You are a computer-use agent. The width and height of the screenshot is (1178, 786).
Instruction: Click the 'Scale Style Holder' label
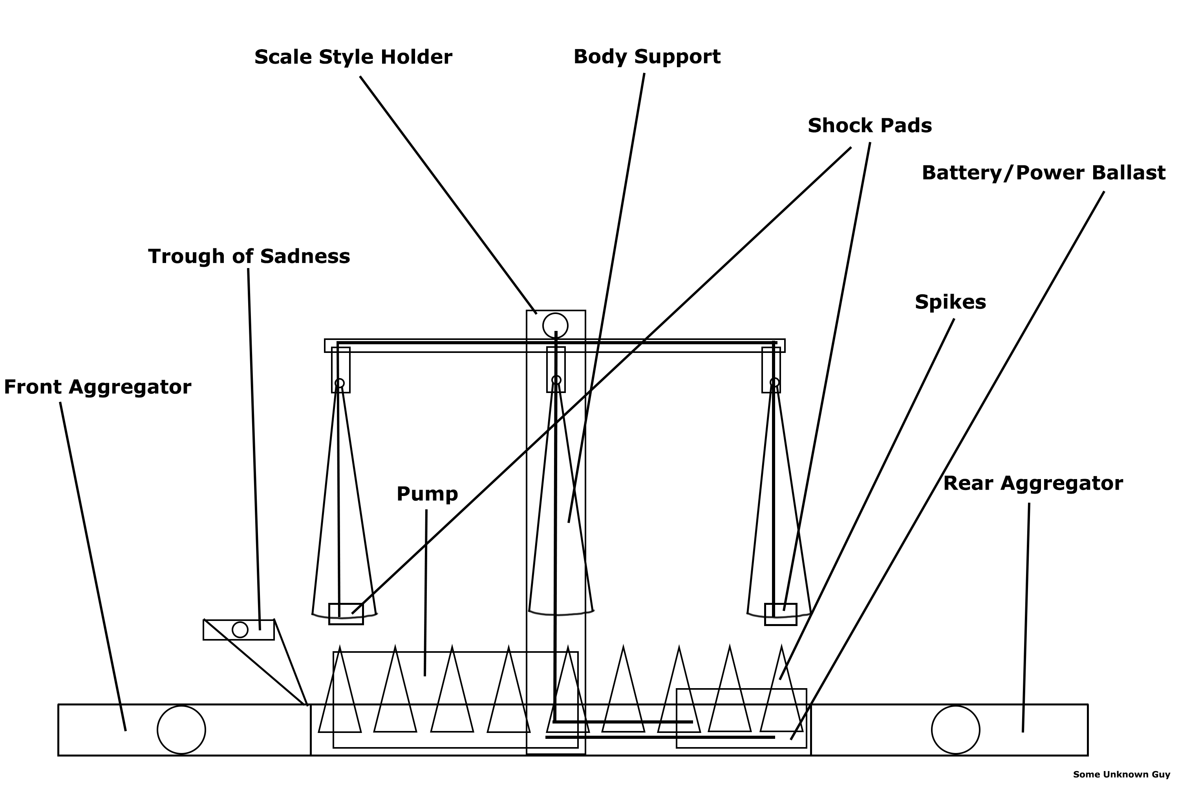(353, 57)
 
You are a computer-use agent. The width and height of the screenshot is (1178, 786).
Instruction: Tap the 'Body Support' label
(647, 57)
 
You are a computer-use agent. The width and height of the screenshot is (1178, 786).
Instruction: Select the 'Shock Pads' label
(869, 126)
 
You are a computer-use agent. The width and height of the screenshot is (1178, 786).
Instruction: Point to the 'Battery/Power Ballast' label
(1043, 173)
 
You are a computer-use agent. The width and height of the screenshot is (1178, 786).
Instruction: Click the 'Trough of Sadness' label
(249, 257)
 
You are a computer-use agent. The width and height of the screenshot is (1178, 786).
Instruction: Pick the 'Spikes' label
(950, 302)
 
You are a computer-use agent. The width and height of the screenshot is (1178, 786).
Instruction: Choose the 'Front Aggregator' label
(98, 387)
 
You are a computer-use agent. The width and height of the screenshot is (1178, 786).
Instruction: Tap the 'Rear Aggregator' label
(1033, 484)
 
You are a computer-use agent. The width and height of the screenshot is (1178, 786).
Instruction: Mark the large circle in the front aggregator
(181, 730)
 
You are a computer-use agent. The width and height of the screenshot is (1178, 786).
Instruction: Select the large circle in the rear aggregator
(956, 730)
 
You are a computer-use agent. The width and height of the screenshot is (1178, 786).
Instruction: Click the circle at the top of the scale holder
(555, 326)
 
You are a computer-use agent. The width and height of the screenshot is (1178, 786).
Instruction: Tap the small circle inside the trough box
(240, 630)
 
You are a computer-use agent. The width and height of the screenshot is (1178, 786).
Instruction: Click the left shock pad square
(346, 614)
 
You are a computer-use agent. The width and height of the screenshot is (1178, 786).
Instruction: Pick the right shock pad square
(780, 615)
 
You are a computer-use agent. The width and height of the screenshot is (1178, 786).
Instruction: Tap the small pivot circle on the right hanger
(774, 383)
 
